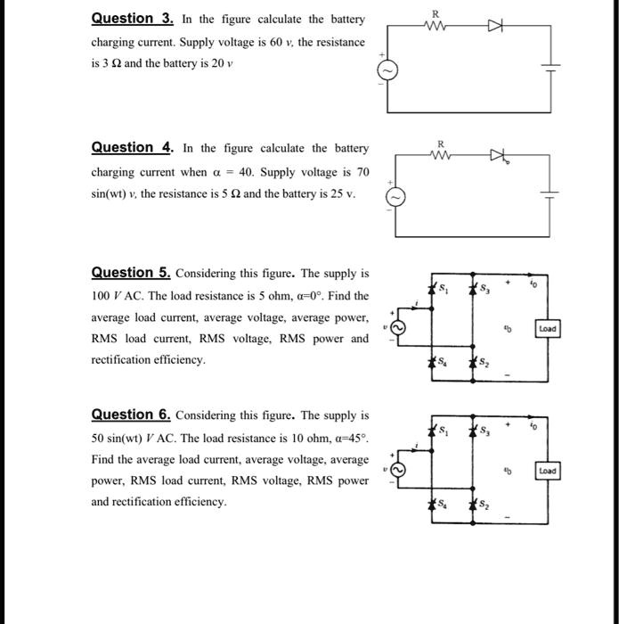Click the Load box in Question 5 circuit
[x=547, y=328]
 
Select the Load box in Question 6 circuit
[x=547, y=470]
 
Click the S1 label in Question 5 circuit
[x=447, y=288]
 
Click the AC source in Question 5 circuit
[x=400, y=328]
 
